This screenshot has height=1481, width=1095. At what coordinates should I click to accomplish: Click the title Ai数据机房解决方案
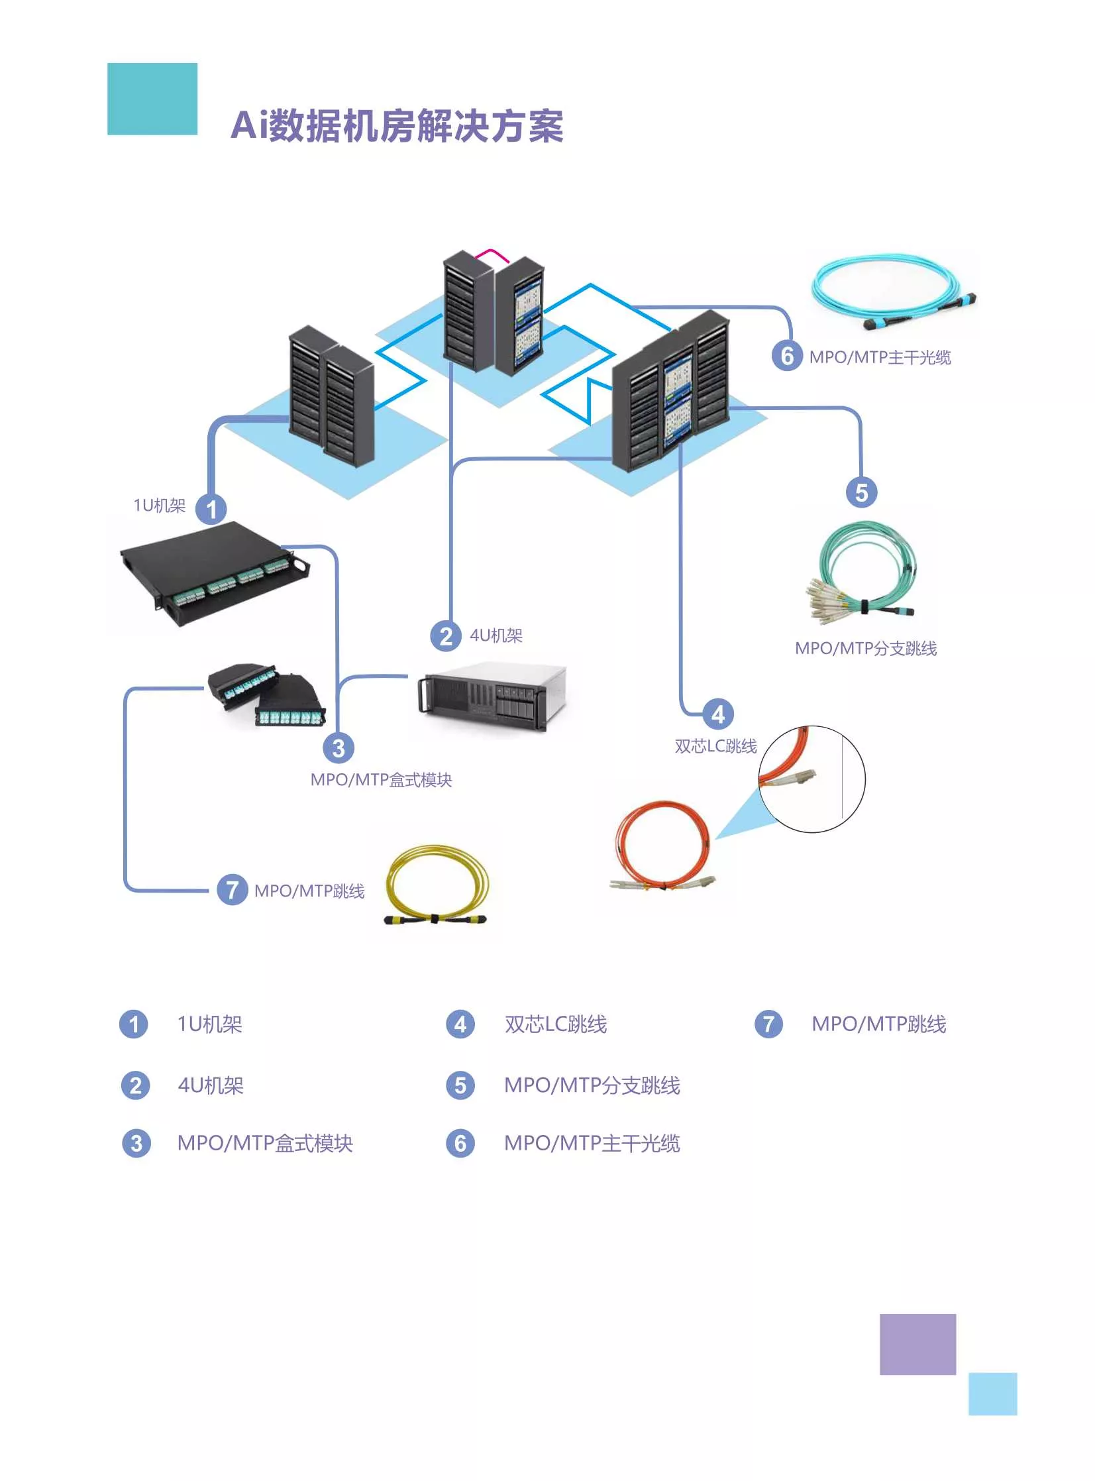(397, 125)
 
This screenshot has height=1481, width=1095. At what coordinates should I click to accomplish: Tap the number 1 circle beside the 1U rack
(211, 509)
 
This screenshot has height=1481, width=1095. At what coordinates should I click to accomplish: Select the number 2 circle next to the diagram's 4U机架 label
(446, 636)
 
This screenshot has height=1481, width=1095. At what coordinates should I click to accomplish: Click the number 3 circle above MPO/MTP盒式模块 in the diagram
(339, 748)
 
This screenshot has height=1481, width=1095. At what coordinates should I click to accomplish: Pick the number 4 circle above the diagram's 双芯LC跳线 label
(718, 714)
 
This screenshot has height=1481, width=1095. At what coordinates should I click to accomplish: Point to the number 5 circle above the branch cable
(862, 492)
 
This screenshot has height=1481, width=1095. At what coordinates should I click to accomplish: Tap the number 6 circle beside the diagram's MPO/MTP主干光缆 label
(788, 356)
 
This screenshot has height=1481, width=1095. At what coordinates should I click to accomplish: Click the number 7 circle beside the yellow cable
(233, 890)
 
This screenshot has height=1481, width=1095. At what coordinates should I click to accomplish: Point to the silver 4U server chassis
(492, 696)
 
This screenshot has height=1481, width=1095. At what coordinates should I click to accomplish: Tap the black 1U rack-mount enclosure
(214, 573)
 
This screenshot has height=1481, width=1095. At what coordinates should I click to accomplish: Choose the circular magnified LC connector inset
(812, 779)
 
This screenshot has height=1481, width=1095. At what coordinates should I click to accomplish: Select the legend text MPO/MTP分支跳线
(592, 1085)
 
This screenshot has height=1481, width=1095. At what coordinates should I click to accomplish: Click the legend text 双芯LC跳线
(556, 1024)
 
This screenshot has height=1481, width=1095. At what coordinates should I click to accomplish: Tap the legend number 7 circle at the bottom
(769, 1024)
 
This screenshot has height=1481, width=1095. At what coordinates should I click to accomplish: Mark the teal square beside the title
(152, 99)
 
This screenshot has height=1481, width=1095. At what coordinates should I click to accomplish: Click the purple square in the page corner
(917, 1344)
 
